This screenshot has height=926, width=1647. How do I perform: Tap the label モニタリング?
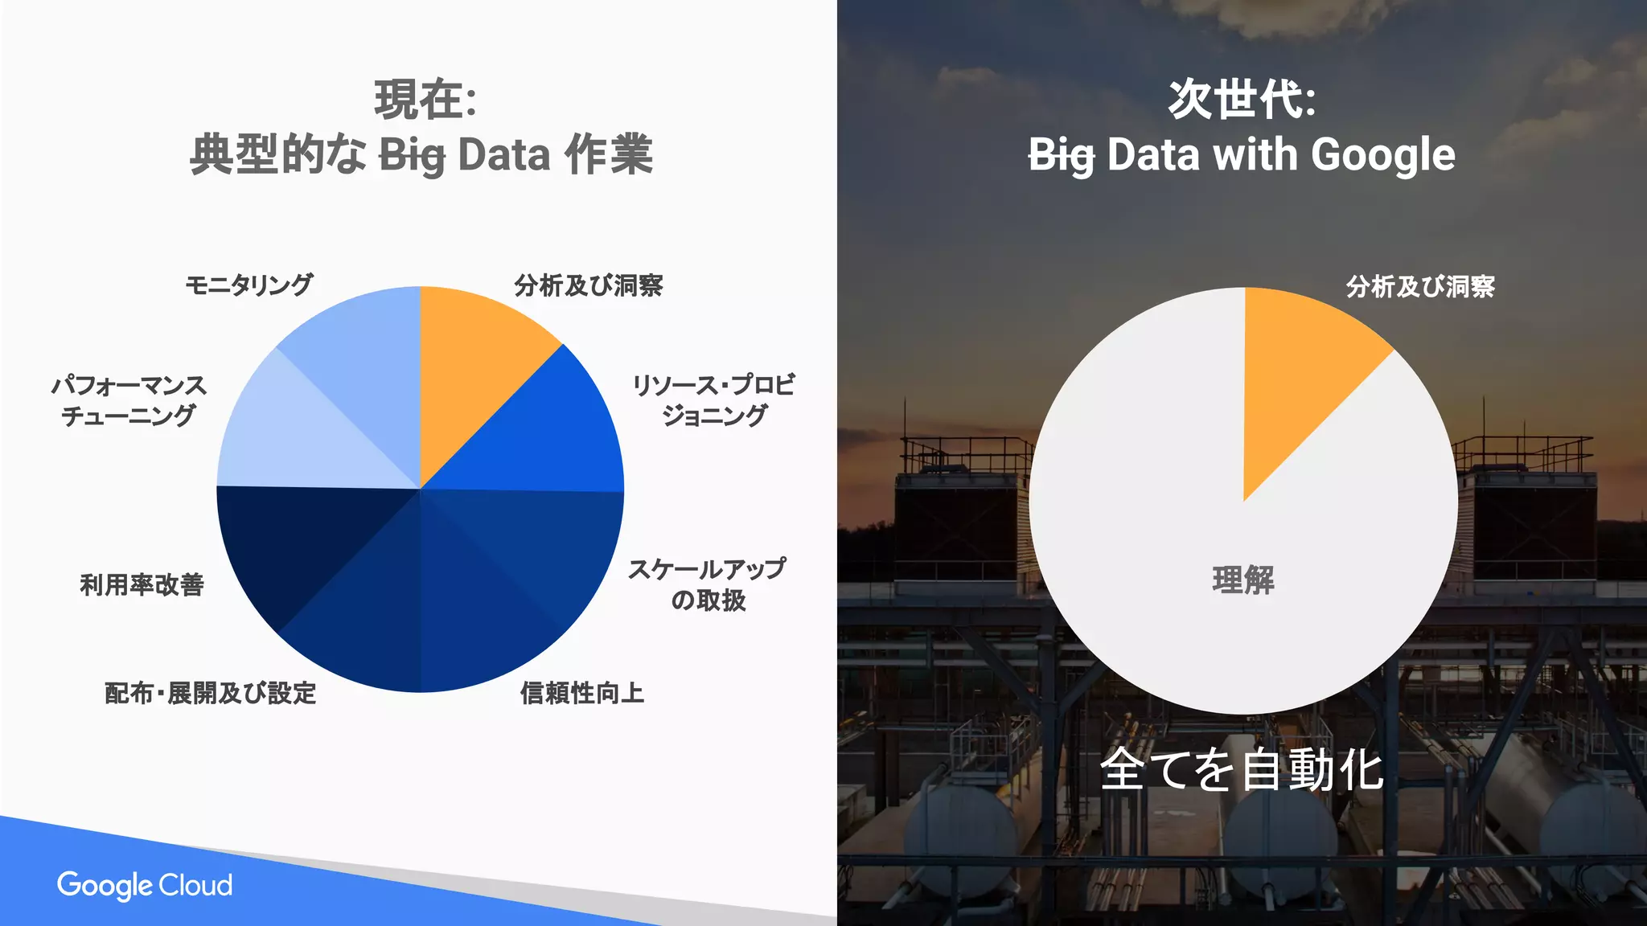(248, 285)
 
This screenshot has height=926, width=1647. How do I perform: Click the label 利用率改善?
(142, 584)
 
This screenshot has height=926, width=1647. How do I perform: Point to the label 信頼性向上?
(581, 692)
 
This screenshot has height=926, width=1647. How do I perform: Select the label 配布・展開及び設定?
(211, 692)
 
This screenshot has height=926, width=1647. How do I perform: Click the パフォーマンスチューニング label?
(129, 400)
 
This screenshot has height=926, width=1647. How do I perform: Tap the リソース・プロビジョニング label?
(713, 400)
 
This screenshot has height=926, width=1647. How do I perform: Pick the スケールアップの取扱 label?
(707, 584)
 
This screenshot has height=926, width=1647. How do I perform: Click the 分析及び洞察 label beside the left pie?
(588, 285)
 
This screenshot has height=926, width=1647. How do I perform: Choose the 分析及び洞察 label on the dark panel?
(1420, 286)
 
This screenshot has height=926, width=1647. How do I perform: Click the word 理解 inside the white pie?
(1243, 580)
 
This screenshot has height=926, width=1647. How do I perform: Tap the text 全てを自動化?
(1241, 769)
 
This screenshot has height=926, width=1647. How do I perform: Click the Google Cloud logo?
(145, 885)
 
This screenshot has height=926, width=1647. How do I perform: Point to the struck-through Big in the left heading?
(412, 155)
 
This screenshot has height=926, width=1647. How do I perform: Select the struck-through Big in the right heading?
(1062, 155)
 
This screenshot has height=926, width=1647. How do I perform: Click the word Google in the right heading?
(1382, 155)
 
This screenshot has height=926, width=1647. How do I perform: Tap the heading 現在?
(425, 100)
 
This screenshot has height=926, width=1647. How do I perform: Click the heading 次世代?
(1242, 100)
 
